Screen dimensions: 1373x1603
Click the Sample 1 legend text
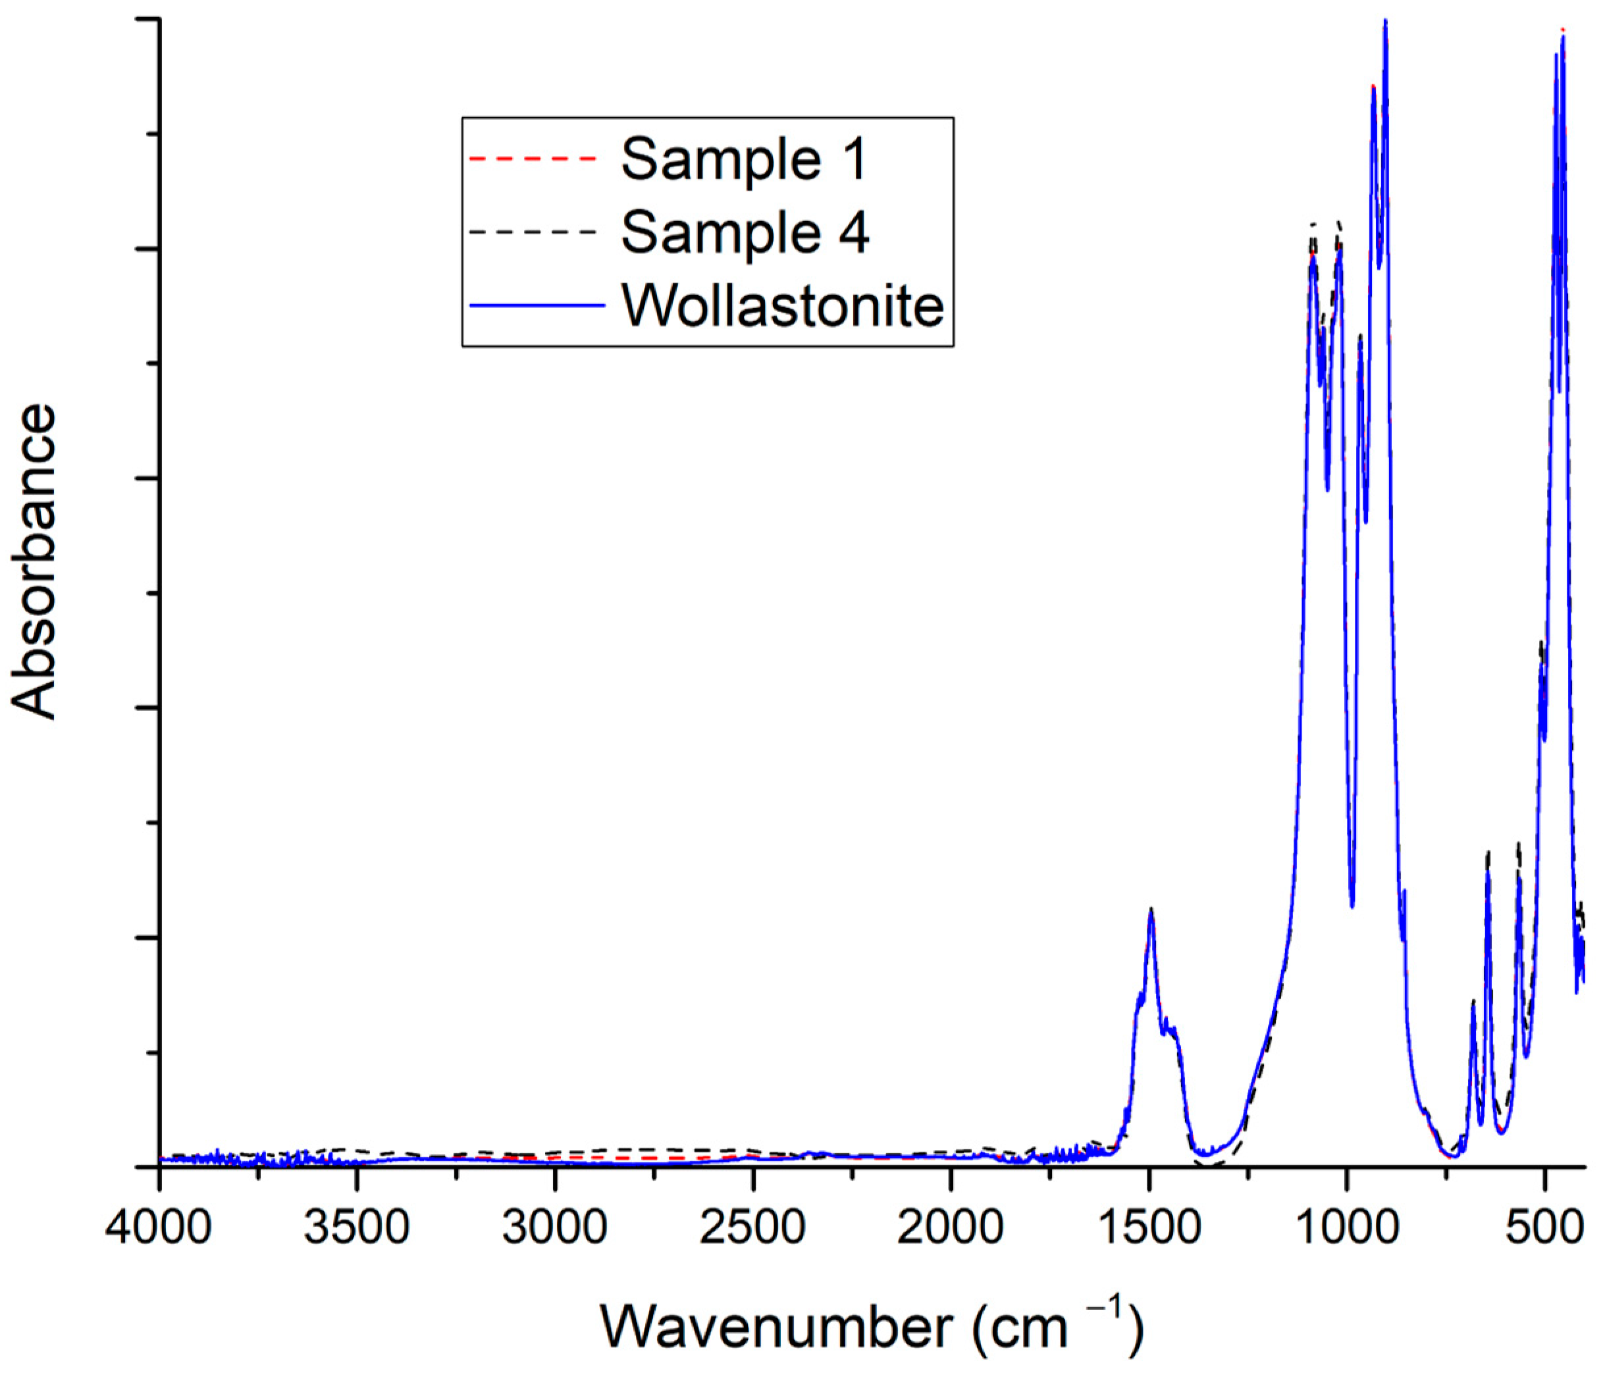pos(745,159)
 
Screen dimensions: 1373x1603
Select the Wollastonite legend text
pos(783,305)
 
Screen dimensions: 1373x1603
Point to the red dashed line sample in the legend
pos(534,159)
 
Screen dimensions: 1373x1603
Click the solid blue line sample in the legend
pos(536,305)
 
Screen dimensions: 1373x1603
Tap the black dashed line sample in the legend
pos(534,232)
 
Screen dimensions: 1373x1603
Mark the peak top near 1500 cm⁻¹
pos(1151,910)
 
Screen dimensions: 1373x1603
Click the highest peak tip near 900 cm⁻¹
pos(1385,22)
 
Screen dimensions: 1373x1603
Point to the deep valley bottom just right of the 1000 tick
pos(1352,906)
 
